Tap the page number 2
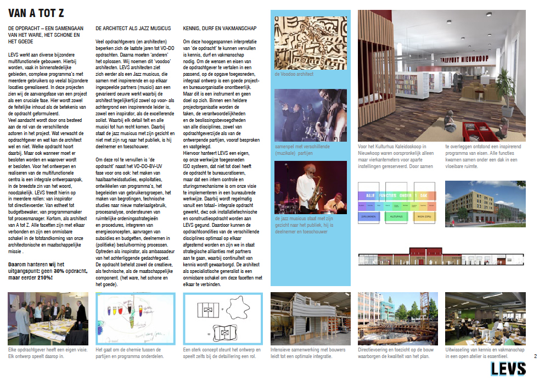(x=535, y=356)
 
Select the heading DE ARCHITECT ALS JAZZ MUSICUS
(x=133, y=28)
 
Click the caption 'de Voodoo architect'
(x=294, y=74)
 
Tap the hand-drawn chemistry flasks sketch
(x=134, y=319)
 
